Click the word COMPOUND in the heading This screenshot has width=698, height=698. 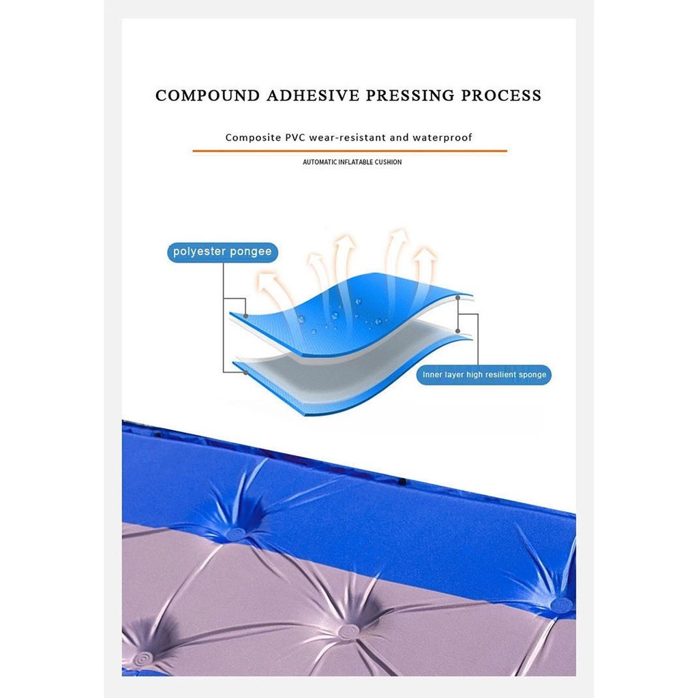207,95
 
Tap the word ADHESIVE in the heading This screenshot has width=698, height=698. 313,95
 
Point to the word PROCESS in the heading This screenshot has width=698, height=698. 501,95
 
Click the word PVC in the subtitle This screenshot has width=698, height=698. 296,138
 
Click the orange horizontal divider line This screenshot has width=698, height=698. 350,151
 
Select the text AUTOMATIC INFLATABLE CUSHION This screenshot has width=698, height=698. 352,162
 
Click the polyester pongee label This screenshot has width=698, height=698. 223,252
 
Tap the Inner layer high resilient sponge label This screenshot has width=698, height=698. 485,375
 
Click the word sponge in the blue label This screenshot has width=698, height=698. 532,376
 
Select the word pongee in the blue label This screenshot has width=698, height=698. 251,252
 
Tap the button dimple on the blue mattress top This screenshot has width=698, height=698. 235,533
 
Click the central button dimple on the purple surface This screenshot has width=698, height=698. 348,631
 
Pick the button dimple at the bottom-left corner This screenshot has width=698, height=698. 143,658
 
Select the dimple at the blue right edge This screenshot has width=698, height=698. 562,604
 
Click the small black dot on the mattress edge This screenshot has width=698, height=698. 402,481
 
